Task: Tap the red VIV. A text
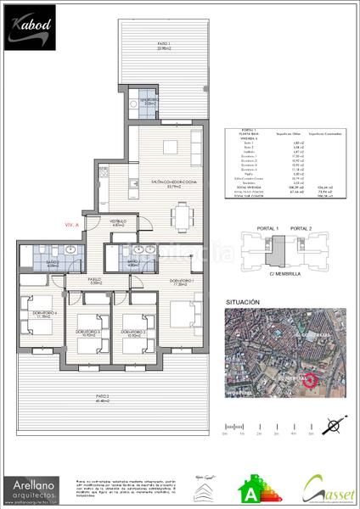click(72, 225)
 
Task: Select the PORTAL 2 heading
click(301, 228)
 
